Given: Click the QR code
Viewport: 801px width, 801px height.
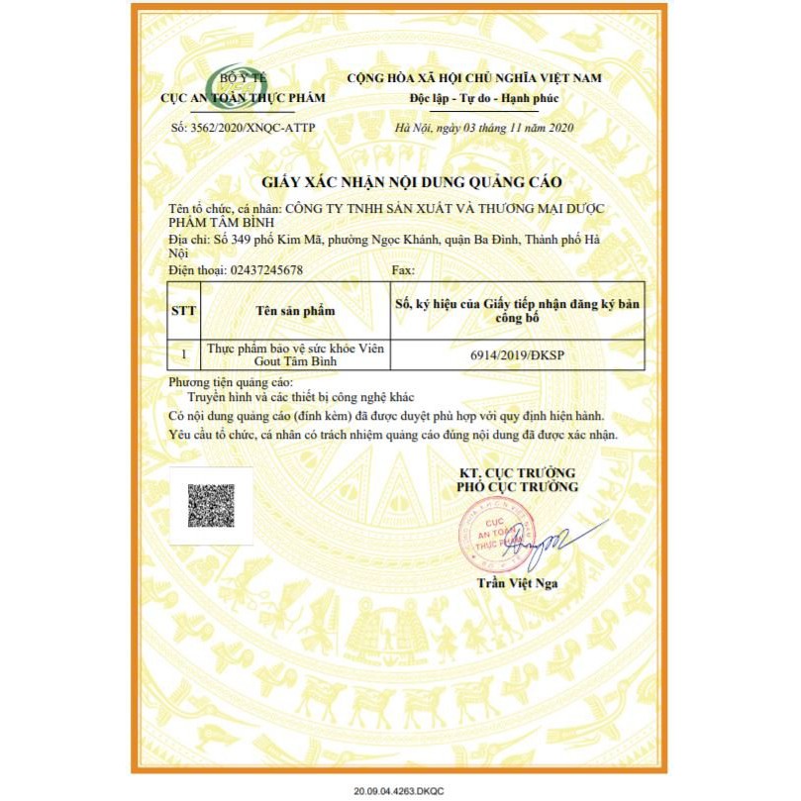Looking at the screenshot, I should click(x=210, y=505).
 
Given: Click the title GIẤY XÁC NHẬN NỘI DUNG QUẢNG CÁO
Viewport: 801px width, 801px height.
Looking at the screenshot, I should click(x=411, y=183).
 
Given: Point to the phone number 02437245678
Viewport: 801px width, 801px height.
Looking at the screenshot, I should click(x=265, y=269).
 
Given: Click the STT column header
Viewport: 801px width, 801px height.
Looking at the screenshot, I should click(x=184, y=310).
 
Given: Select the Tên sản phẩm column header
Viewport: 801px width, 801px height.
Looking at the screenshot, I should click(x=295, y=310).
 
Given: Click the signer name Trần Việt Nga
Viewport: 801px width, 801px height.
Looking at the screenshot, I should click(x=516, y=583).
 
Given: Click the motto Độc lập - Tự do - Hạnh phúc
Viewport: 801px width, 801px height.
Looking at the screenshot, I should click(x=484, y=99).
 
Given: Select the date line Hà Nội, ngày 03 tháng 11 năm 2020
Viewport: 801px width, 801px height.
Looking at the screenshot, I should click(x=483, y=128).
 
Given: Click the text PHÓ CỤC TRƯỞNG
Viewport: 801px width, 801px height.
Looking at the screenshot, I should click(x=516, y=487).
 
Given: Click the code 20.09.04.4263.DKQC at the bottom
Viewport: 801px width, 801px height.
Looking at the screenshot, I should click(x=398, y=789).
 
